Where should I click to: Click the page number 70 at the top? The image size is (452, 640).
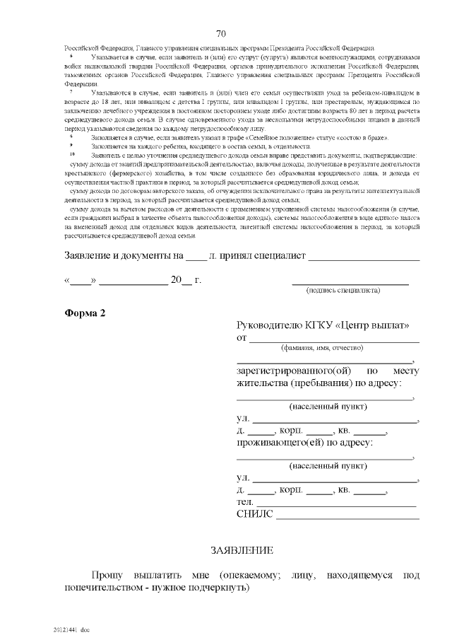click(220, 33)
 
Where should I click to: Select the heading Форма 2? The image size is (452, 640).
click(85, 314)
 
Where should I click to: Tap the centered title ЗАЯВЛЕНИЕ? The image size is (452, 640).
click(242, 549)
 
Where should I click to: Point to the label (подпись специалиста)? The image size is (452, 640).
click(343, 290)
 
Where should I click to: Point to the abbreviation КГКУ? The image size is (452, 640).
click(324, 325)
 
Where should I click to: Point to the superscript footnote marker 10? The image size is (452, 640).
click(71, 153)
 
